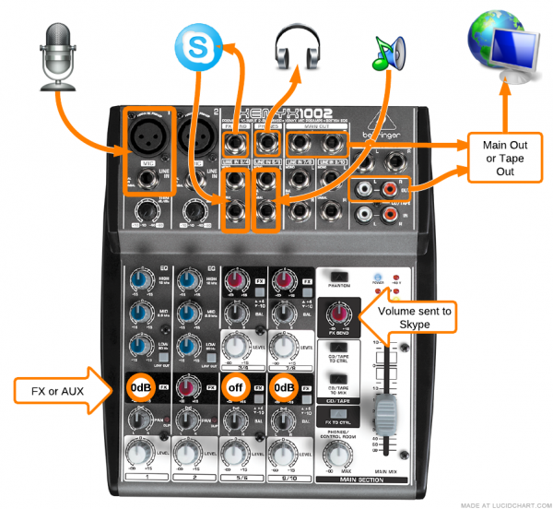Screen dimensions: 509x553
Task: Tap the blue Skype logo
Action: coord(196,46)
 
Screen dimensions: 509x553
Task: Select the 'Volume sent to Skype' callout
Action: coord(415,317)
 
